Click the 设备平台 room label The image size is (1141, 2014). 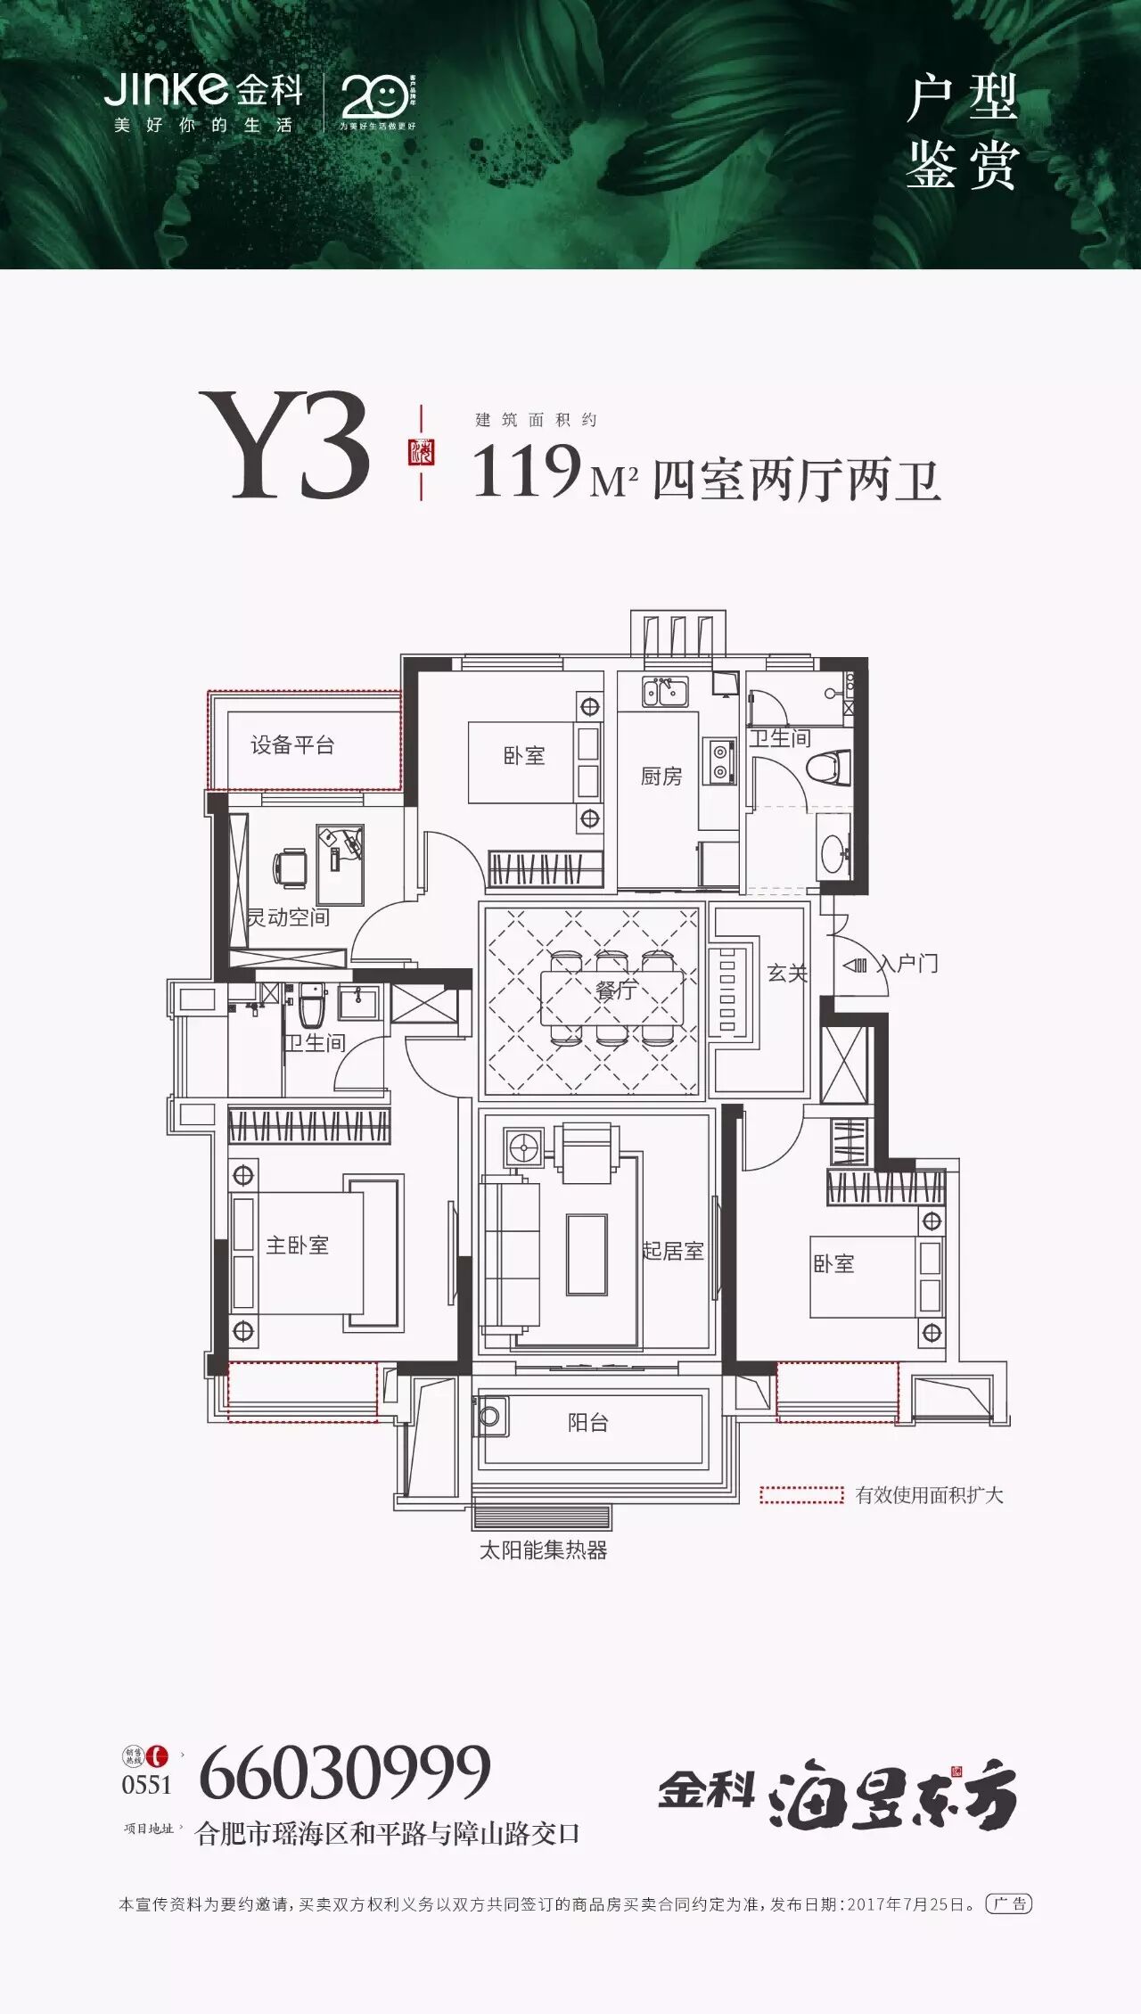click(292, 745)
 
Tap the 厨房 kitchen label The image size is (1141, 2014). click(661, 777)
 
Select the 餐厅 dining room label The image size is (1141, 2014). click(616, 989)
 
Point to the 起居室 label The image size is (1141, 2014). click(673, 1251)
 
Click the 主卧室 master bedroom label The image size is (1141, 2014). click(297, 1245)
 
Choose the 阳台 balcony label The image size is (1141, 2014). click(587, 1423)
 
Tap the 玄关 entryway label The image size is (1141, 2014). click(787, 973)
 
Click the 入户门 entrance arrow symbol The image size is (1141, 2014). click(854, 965)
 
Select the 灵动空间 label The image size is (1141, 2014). click(288, 917)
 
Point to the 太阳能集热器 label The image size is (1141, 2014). click(543, 1550)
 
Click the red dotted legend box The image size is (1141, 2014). click(800, 1495)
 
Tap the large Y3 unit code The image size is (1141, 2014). click(284, 447)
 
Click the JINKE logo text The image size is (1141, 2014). click(168, 89)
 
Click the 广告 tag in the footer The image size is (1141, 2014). click(1009, 1904)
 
